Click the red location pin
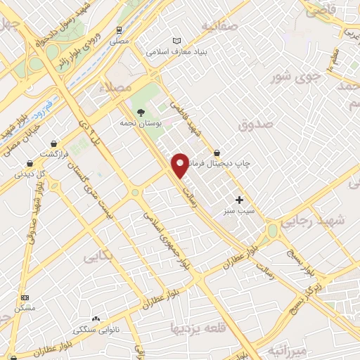pyautogui.click(x=180, y=163)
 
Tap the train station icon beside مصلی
pyautogui.click(x=120, y=30)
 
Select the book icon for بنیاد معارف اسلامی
pyautogui.click(x=176, y=41)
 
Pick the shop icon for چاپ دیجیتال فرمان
pyautogui.click(x=217, y=153)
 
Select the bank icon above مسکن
pyautogui.click(x=25, y=298)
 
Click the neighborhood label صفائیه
pyautogui.click(x=219, y=26)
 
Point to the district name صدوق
pyautogui.click(x=255, y=125)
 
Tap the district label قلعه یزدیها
pyautogui.click(x=200, y=328)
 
